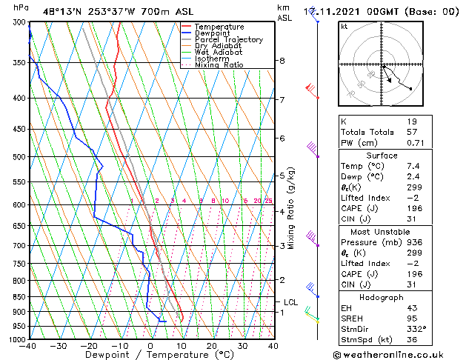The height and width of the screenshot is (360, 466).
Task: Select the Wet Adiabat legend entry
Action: (220, 53)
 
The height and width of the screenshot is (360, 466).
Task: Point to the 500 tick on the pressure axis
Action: (19, 157)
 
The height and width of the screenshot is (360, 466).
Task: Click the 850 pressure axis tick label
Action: (19, 297)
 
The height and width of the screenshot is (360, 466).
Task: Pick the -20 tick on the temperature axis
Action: (89, 345)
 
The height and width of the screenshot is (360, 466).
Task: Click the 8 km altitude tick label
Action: (282, 61)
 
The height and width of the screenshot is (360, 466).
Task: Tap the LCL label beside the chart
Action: (290, 302)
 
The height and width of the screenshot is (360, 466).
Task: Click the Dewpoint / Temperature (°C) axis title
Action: (150, 355)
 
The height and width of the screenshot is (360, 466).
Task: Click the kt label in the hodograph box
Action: (344, 26)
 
